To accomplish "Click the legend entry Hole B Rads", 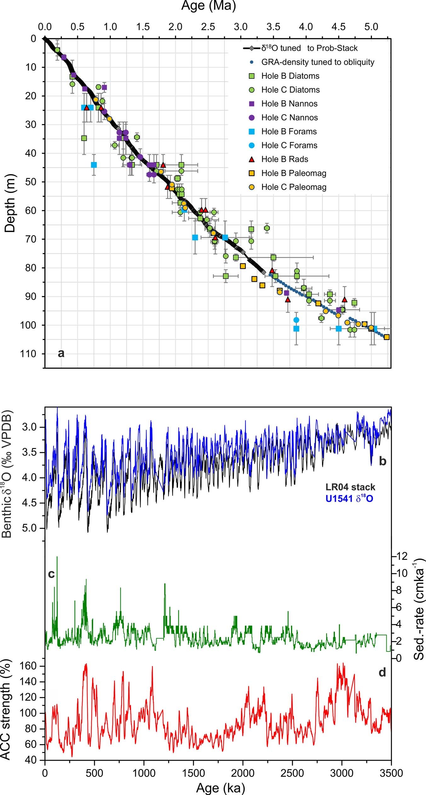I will click(285, 159).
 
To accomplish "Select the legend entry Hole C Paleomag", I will click(294, 187).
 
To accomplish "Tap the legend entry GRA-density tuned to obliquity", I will click(318, 62).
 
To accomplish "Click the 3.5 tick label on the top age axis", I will click(273, 27).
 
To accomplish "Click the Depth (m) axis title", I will click(10, 203).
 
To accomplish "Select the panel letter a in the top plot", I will click(61, 353).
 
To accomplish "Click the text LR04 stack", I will click(350, 487).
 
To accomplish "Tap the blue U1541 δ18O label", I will click(349, 499).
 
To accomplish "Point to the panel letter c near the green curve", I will click(51, 574).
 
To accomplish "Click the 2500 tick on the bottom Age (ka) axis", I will click(292, 773).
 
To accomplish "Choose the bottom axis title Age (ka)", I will click(220, 788).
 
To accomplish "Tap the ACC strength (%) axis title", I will click(6, 711).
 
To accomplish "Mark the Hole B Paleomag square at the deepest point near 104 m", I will click(387, 337).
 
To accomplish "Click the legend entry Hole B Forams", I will click(289, 132).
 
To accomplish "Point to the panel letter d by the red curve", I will click(382, 673).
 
